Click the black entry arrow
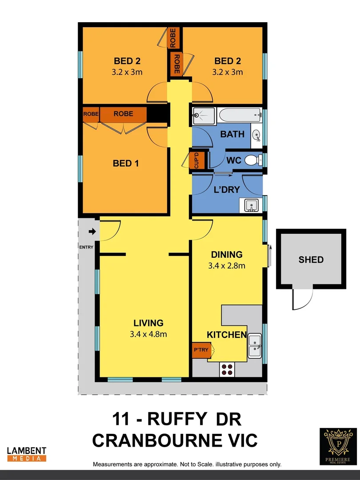[92, 232]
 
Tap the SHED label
[311, 260]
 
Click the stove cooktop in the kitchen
[227, 370]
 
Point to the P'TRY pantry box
[201, 350]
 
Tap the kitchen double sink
[255, 345]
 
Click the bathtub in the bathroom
[240, 116]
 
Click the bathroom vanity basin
[256, 135]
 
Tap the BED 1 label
[125, 164]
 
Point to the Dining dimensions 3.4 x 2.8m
[227, 266]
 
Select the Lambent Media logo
[27, 453]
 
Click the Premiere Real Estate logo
[338, 446]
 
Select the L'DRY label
[227, 190]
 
